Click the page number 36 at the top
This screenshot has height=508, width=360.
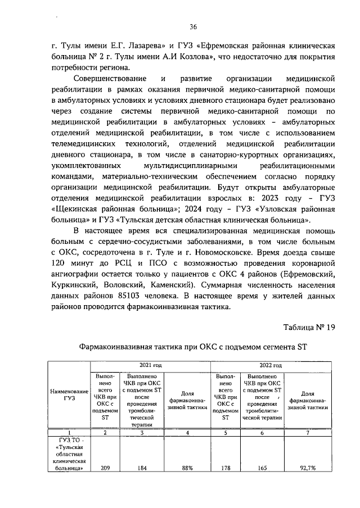193,26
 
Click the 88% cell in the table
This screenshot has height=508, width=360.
187,467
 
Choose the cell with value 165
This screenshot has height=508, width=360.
260,467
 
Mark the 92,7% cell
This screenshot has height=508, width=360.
308,467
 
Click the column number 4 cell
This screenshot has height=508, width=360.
187,433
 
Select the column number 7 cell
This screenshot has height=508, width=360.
308,433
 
